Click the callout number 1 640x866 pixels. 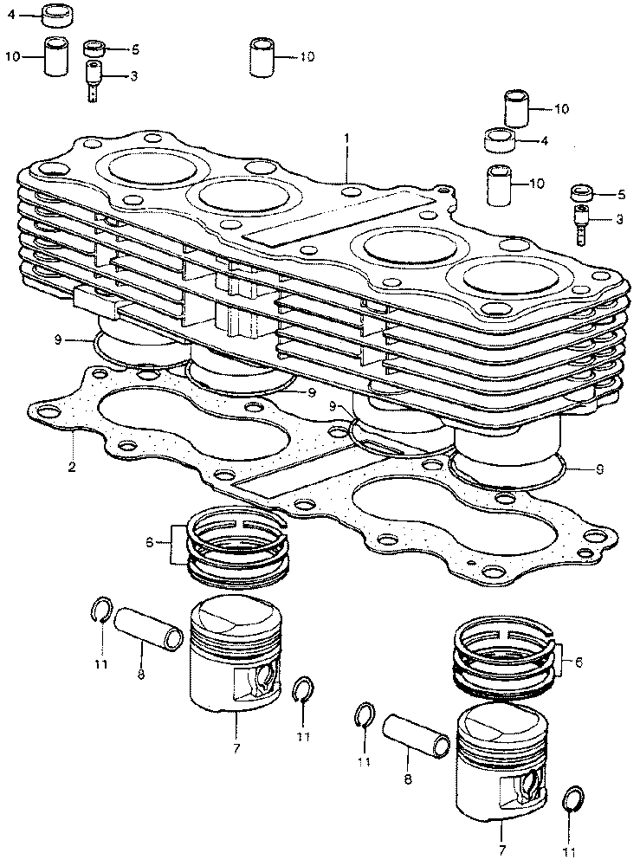(346, 139)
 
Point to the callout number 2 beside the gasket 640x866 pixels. (72, 468)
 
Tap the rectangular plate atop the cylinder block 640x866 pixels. (338, 216)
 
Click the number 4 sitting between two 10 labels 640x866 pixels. (544, 139)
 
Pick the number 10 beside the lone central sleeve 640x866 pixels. (309, 57)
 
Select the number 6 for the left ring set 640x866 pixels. (149, 543)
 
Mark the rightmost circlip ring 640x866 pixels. (572, 798)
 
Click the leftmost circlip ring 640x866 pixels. (100, 611)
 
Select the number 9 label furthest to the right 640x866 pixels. (600, 470)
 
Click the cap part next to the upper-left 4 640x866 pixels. (57, 15)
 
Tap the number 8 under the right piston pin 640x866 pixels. (407, 778)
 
